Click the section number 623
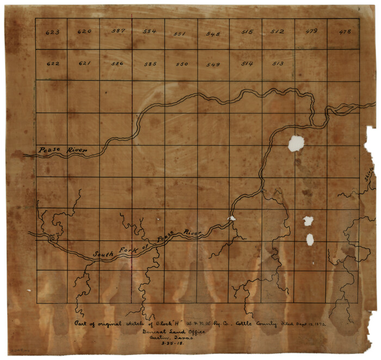53,33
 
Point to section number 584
150,32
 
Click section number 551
180,34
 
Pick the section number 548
213,34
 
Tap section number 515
247,32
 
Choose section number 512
278,32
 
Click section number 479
311,32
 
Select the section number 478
345,32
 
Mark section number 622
53,64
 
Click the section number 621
84,64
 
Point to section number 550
182,64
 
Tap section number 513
278,64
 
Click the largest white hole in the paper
296,143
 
